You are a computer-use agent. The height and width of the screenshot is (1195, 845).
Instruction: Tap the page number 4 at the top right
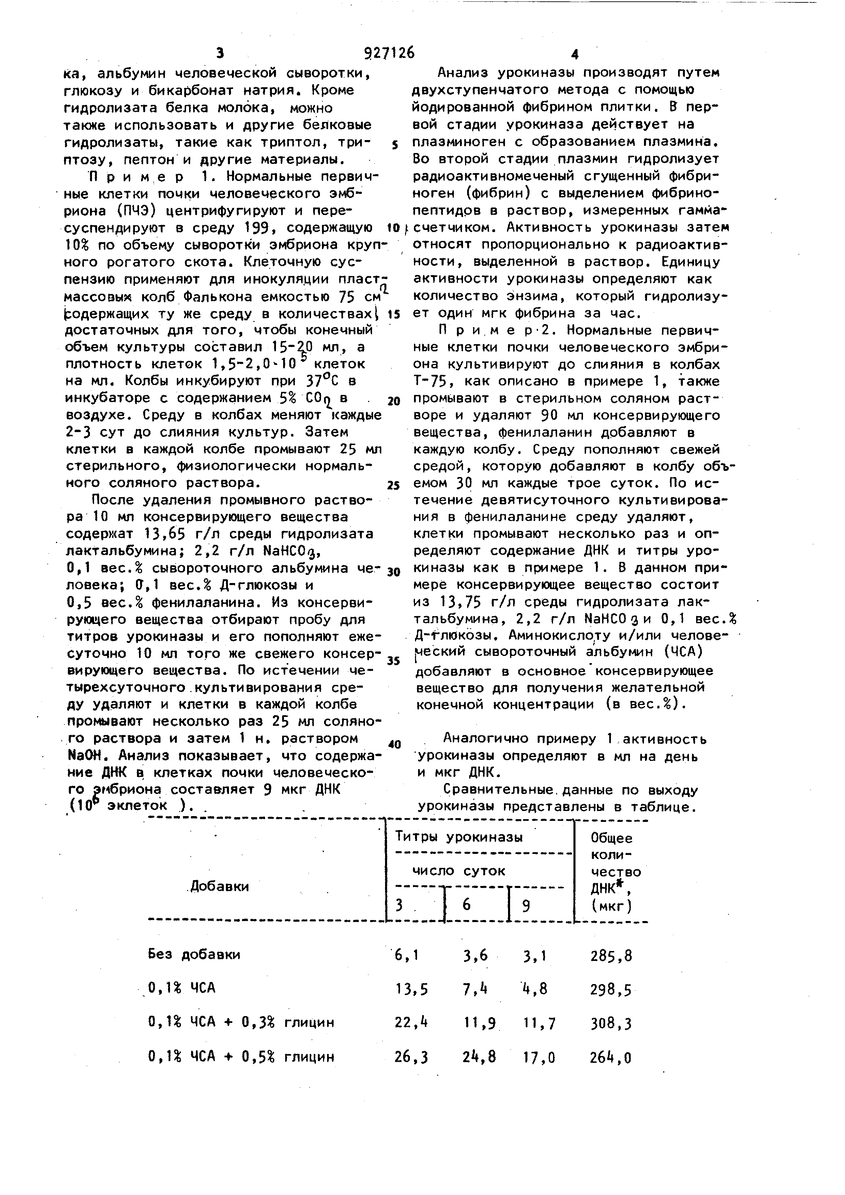(574, 54)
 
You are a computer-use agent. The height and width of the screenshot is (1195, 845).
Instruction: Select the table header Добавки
(219, 886)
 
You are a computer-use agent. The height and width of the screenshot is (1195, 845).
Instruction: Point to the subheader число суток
(459, 870)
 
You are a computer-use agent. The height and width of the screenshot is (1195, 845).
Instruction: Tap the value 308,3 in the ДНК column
(611, 1024)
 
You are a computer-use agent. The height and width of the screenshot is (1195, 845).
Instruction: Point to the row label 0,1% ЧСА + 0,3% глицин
(241, 1023)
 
